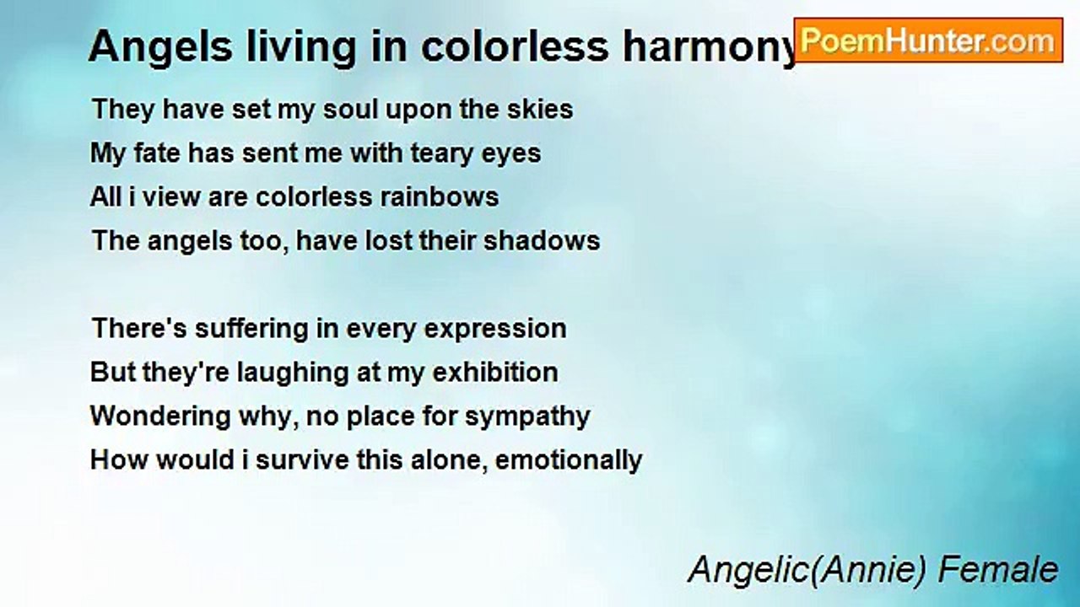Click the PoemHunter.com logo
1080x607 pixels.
(x=928, y=40)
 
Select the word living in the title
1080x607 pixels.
(x=278, y=48)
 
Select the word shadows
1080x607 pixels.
(x=548, y=241)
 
